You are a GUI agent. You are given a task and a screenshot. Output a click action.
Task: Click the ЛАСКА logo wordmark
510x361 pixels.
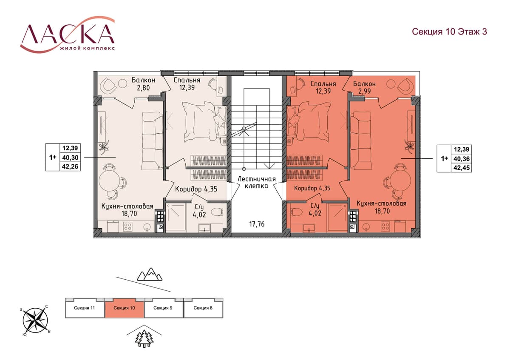[68, 34]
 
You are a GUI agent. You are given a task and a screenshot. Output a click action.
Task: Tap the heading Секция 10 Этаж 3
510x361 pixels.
[449, 32]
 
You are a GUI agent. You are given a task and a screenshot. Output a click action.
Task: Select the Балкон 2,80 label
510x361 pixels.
[144, 84]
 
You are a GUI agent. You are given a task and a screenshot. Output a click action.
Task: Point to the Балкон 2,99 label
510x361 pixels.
[364, 87]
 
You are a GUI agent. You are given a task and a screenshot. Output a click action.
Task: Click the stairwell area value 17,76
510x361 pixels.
[257, 224]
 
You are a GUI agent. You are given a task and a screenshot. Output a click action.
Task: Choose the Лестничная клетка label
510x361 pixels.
[257, 182]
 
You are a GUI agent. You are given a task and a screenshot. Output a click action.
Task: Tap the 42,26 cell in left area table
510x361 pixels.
[70, 166]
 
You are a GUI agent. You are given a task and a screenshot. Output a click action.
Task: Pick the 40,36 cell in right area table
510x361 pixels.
[462, 159]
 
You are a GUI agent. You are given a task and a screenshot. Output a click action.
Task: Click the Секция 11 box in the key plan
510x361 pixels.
[85, 308]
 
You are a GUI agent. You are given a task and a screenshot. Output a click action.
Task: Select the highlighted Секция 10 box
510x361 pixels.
[124, 308]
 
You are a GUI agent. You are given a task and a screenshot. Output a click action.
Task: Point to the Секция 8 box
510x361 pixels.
[203, 308]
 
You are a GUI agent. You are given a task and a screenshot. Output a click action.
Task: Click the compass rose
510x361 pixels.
[35, 321]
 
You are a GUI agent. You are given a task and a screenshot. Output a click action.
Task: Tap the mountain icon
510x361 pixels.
[150, 274]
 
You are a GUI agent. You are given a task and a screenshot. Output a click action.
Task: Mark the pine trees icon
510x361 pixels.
[144, 339]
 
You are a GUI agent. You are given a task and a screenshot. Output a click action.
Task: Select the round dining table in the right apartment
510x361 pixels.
[402, 180]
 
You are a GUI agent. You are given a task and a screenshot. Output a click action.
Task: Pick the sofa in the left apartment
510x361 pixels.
[152, 141]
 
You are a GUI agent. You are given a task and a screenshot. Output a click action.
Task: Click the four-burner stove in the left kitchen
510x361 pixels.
[127, 226]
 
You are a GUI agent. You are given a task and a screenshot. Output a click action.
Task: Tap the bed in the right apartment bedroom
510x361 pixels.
[309, 122]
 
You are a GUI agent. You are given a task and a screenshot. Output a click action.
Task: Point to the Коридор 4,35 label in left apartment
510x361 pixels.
[196, 189]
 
